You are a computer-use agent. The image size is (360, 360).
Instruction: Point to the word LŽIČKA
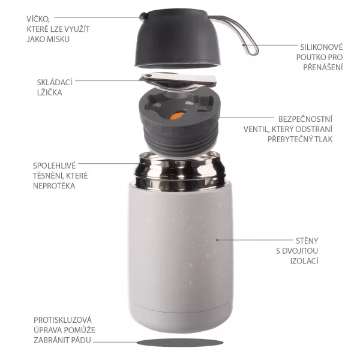point(48,92)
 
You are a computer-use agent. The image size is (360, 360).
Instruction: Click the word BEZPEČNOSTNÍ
point(306,118)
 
